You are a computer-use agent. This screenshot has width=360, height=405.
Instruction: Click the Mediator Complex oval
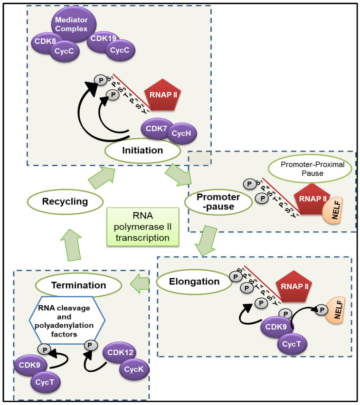click(x=72, y=24)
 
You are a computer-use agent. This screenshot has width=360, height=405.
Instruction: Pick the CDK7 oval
click(x=156, y=128)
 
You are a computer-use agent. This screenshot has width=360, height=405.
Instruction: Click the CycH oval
click(x=182, y=133)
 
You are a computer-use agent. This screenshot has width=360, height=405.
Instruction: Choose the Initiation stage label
click(x=142, y=151)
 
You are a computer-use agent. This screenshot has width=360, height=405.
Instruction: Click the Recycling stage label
click(x=65, y=202)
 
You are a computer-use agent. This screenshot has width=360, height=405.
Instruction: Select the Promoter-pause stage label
click(x=218, y=202)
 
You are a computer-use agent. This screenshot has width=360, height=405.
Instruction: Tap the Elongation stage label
click(x=194, y=282)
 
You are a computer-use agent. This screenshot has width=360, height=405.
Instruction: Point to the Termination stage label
click(x=78, y=285)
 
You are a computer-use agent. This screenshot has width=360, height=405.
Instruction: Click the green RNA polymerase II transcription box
click(x=143, y=227)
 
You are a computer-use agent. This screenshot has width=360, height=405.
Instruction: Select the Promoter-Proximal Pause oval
click(x=310, y=169)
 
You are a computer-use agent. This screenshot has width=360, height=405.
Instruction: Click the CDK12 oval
click(x=119, y=352)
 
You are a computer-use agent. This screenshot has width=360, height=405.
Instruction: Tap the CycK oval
click(x=134, y=369)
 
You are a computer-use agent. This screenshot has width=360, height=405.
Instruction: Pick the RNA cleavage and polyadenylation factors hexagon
click(x=67, y=320)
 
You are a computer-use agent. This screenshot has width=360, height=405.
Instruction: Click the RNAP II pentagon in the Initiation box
click(x=162, y=95)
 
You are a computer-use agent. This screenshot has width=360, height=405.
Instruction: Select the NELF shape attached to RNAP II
click(x=333, y=210)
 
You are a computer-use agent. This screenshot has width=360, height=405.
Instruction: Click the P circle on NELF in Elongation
click(x=322, y=310)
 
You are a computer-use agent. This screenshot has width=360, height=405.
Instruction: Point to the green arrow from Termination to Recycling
click(x=72, y=245)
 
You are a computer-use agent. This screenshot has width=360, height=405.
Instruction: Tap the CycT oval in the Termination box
click(x=46, y=382)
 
